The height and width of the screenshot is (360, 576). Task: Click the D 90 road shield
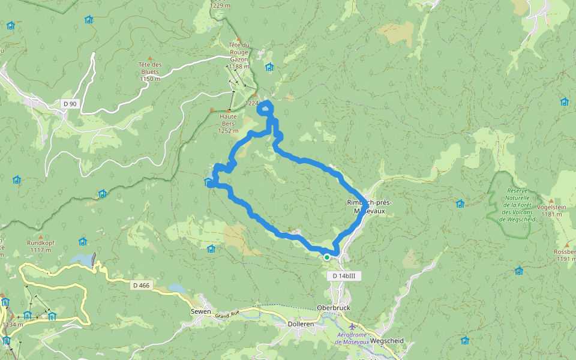click(x=70, y=104)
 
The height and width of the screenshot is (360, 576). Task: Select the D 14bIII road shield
click(x=344, y=275)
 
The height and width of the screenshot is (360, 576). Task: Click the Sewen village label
click(x=200, y=311)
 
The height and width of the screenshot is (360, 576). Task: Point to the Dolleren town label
click(x=301, y=324)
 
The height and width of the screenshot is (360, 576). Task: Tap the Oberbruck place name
click(x=333, y=308)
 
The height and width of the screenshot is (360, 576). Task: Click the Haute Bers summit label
click(x=229, y=124)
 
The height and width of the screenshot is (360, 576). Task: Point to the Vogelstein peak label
click(x=553, y=210)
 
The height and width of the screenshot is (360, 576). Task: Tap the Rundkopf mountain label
click(x=40, y=246)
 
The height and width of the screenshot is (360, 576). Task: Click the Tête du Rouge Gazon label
click(x=242, y=55)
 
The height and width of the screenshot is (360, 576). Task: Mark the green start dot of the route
click(x=326, y=257)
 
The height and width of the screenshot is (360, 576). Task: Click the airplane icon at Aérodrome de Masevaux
click(x=352, y=326)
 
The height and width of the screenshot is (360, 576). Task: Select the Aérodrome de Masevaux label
click(x=351, y=338)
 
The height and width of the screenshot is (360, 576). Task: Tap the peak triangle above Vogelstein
click(x=551, y=200)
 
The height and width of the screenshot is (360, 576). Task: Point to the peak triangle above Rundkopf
click(x=41, y=237)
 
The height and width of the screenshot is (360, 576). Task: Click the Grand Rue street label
click(x=227, y=314)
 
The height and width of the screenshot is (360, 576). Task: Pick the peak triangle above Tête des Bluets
click(x=150, y=58)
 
